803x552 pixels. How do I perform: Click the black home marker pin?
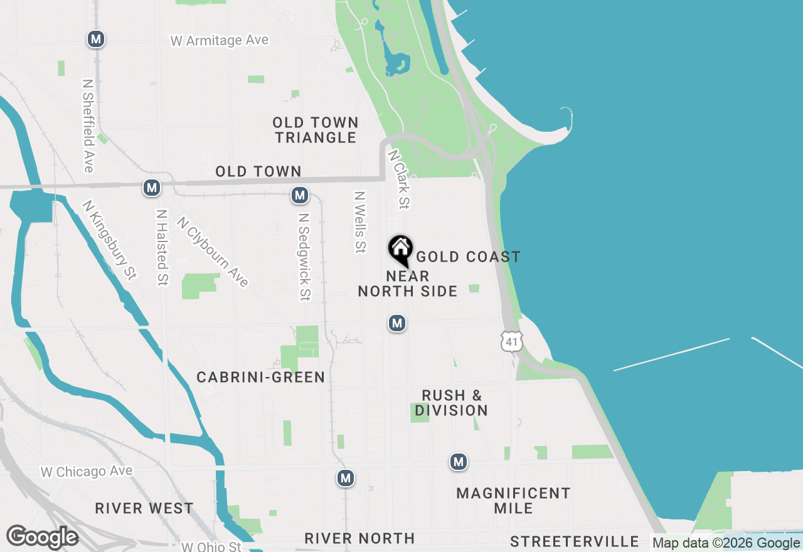[x=400, y=250]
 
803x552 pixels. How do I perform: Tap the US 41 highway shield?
[x=511, y=341]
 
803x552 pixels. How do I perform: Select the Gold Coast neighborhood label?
[x=468, y=257]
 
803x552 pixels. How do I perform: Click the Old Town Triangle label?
[x=316, y=130]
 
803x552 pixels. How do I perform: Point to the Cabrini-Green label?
[x=261, y=377]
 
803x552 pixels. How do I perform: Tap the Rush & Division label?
[x=452, y=403]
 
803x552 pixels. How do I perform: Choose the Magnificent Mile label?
[x=513, y=501]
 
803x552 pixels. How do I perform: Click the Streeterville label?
[x=575, y=541]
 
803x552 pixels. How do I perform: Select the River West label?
[x=144, y=508]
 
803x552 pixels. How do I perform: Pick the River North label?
[x=359, y=538]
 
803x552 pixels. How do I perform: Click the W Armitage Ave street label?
[x=220, y=40]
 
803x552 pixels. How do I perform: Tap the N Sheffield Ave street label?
[x=88, y=125]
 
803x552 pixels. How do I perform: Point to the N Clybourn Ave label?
[x=213, y=252]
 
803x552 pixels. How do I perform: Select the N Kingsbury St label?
[x=109, y=240]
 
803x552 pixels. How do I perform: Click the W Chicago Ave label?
[x=87, y=472]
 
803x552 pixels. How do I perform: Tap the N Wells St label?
[x=359, y=223]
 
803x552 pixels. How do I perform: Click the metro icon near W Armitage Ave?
[x=95, y=40]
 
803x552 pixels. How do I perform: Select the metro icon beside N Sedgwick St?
[x=300, y=196]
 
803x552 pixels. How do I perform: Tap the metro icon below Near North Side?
[x=396, y=323]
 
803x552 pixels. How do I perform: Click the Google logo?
[x=42, y=538]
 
